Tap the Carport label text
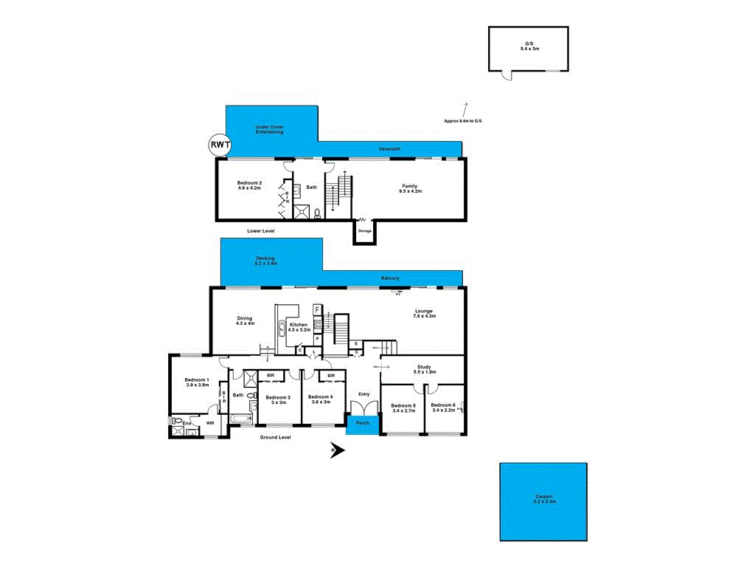pyautogui.click(x=544, y=497)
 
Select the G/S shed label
pyautogui.click(x=529, y=44)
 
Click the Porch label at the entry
pyautogui.click(x=363, y=423)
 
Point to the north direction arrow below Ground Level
pyautogui.click(x=338, y=449)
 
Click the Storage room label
pyautogui.click(x=365, y=231)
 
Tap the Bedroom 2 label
pyautogui.click(x=249, y=182)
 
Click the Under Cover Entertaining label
pyautogui.click(x=270, y=129)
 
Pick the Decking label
pyautogui.click(x=265, y=258)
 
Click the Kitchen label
pyautogui.click(x=299, y=325)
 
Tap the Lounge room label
pyautogui.click(x=423, y=311)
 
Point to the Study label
pyautogui.click(x=423, y=367)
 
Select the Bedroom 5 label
pyautogui.click(x=403, y=405)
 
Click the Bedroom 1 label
pyautogui.click(x=197, y=379)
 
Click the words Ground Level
pyautogui.click(x=276, y=437)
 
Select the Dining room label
pyautogui.click(x=244, y=318)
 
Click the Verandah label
pyautogui.click(x=389, y=150)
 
